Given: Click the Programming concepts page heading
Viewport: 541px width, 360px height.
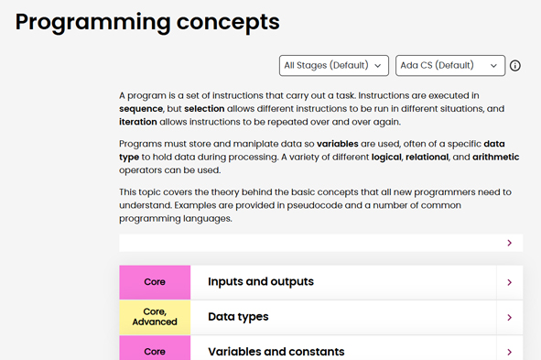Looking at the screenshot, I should click(x=147, y=22).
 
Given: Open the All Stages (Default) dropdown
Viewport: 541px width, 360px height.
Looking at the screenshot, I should click(x=333, y=66).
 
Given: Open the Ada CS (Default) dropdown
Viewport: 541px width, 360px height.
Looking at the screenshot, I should click(x=450, y=66).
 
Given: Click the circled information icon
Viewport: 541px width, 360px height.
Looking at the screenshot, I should click(x=515, y=66).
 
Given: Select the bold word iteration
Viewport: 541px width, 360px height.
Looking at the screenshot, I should click(x=144, y=122).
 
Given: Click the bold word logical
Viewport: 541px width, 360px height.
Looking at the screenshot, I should click(x=393, y=157).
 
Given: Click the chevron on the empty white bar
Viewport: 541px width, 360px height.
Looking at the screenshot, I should click(x=510, y=243).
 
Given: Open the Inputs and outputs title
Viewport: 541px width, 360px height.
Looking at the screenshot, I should click(x=261, y=282).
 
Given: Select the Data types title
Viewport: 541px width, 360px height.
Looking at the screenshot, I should click(x=238, y=317).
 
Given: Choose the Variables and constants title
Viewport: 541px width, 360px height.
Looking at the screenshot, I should click(x=276, y=352).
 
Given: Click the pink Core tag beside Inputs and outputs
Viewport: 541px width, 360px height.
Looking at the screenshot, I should click(x=155, y=282).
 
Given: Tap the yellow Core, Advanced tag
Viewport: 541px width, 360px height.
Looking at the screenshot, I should click(x=155, y=317).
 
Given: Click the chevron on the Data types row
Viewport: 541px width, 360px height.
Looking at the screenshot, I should click(x=510, y=317).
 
